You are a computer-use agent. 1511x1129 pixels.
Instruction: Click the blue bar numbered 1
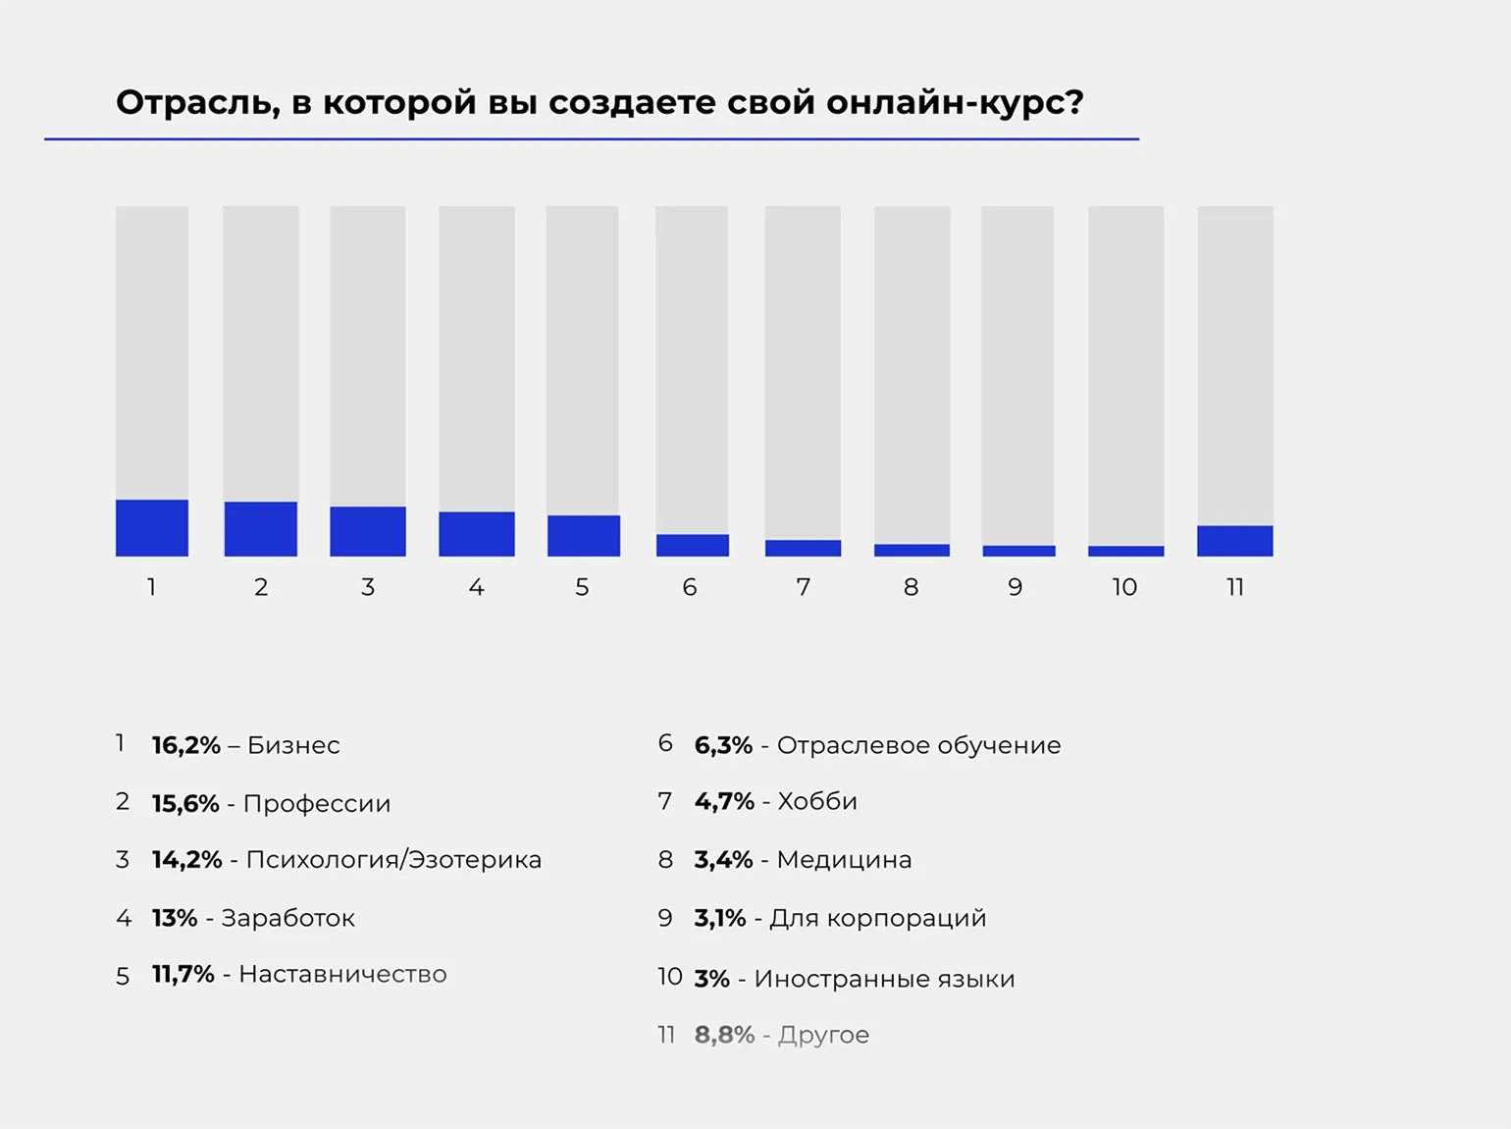tap(152, 528)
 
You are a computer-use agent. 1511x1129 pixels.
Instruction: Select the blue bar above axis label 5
tap(584, 536)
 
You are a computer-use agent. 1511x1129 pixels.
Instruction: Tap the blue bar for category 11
tap(1235, 541)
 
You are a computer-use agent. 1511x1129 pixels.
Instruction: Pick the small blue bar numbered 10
tap(1126, 551)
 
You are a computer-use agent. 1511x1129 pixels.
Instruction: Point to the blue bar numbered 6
tap(693, 545)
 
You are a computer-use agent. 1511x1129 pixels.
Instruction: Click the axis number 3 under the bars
tap(368, 587)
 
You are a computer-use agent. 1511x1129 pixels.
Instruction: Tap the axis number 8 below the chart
tap(912, 587)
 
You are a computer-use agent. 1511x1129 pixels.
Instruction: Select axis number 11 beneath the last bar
tap(1235, 587)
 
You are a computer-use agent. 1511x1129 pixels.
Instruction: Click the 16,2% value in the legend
tap(186, 745)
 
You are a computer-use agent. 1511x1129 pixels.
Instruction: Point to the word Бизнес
tap(293, 745)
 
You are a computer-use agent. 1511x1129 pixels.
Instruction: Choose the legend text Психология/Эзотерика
tap(393, 860)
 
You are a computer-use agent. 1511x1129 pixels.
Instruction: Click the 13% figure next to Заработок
tap(175, 918)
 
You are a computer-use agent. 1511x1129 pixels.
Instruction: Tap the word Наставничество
tap(342, 974)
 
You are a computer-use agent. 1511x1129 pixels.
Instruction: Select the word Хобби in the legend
tap(817, 801)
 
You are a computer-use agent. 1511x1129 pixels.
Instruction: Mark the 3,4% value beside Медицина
tap(723, 860)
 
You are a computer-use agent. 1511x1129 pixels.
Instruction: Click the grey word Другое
tap(823, 1035)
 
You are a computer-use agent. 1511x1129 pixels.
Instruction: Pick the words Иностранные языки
tap(884, 979)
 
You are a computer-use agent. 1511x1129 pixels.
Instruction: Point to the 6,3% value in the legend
tap(723, 745)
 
